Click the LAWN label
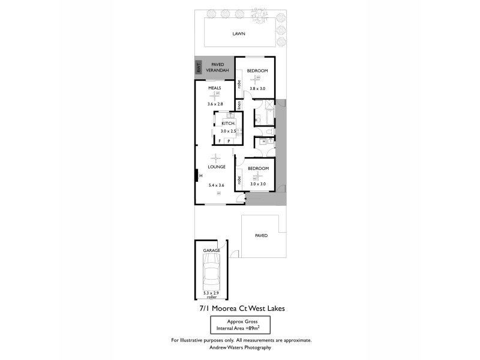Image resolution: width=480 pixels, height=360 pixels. [240, 34]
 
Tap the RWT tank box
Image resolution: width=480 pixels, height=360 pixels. [199, 68]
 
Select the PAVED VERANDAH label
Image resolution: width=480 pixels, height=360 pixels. [217, 67]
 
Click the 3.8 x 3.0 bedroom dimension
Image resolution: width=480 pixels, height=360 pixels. [257, 88]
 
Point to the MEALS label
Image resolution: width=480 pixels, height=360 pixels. [215, 88]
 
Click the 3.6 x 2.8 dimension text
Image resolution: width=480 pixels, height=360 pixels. [215, 104]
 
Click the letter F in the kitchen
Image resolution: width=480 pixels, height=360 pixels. [220, 140]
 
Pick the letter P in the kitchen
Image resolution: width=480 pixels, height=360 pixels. [228, 140]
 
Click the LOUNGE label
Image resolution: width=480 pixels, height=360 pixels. [216, 167]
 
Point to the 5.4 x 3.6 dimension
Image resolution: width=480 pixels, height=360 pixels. [216, 185]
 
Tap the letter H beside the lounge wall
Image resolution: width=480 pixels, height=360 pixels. [201, 175]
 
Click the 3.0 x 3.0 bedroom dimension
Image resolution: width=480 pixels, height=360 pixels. [257, 184]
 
